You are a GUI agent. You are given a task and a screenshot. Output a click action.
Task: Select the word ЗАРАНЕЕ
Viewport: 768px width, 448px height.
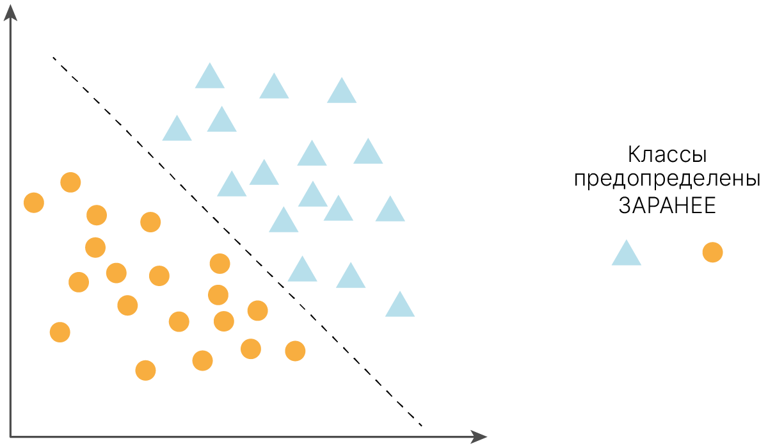(x=667, y=206)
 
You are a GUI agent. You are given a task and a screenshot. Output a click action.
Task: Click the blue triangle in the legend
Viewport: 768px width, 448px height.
(x=627, y=254)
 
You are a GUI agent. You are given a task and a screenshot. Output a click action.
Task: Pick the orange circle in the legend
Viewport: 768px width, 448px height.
(x=712, y=252)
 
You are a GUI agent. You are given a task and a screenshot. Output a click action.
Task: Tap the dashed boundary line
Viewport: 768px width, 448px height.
(x=237, y=242)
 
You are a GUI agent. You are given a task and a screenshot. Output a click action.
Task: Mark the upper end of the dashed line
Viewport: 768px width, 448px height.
(x=53, y=58)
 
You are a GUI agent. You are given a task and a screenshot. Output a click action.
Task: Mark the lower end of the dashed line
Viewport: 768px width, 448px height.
(x=422, y=426)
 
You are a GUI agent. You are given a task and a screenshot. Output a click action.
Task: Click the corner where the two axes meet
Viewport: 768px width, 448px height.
(x=11, y=437)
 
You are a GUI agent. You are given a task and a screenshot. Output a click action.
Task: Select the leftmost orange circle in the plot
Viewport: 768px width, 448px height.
(x=34, y=203)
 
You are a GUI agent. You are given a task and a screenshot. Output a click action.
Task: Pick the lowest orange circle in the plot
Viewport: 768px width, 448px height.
(x=145, y=370)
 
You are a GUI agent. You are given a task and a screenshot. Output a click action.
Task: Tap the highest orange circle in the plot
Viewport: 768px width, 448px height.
(x=70, y=182)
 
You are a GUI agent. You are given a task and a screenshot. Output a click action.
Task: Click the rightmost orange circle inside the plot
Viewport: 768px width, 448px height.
(x=295, y=350)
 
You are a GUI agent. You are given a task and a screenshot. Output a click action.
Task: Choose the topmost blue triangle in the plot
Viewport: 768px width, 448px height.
(x=209, y=77)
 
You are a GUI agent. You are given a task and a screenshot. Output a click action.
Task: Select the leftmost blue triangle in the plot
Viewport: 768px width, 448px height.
(x=177, y=130)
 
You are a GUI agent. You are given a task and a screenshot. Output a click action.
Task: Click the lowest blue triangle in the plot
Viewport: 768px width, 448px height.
(x=400, y=306)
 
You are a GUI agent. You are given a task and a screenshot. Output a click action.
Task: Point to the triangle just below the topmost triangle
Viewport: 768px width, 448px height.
(x=221, y=121)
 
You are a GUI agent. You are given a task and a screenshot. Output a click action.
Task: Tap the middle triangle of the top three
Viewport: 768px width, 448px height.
(x=274, y=88)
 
